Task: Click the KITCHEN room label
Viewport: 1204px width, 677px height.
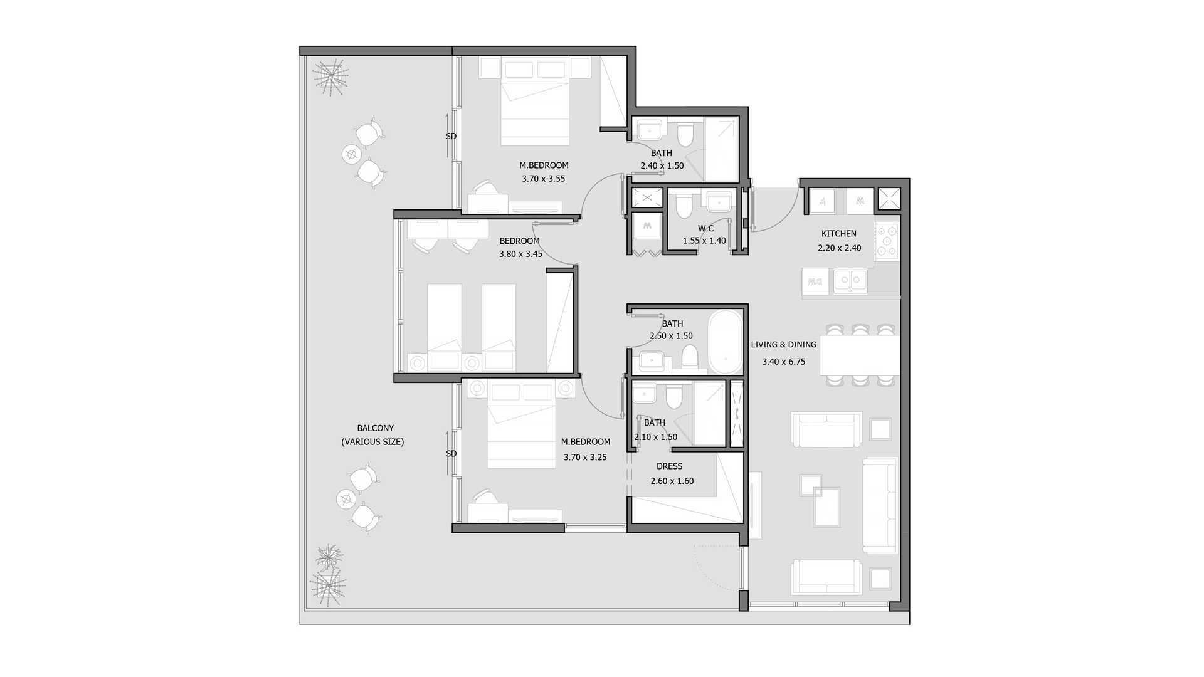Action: tap(838, 234)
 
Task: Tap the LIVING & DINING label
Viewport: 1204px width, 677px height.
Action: tap(784, 345)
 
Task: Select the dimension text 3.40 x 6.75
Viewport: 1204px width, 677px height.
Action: tap(784, 362)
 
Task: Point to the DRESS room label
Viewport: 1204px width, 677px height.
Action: tap(669, 466)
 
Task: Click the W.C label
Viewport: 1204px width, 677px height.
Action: tap(705, 229)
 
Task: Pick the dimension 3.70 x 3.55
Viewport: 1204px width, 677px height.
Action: tap(544, 179)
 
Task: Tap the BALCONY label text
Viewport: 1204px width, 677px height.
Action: tap(376, 428)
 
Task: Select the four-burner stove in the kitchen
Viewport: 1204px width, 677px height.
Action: tap(887, 241)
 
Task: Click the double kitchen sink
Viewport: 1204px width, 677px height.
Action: tap(850, 281)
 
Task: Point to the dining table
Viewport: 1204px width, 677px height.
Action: tap(860, 355)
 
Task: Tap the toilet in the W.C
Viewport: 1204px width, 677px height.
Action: tap(684, 205)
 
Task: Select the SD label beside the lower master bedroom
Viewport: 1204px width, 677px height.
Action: tap(451, 454)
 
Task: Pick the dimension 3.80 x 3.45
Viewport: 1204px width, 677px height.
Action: tap(520, 254)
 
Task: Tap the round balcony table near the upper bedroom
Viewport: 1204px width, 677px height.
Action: tap(352, 154)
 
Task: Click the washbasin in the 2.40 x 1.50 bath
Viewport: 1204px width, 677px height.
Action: tap(650, 131)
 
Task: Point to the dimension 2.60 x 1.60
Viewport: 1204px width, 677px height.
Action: tap(672, 481)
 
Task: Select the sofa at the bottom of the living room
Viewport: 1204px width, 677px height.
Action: tap(826, 577)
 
